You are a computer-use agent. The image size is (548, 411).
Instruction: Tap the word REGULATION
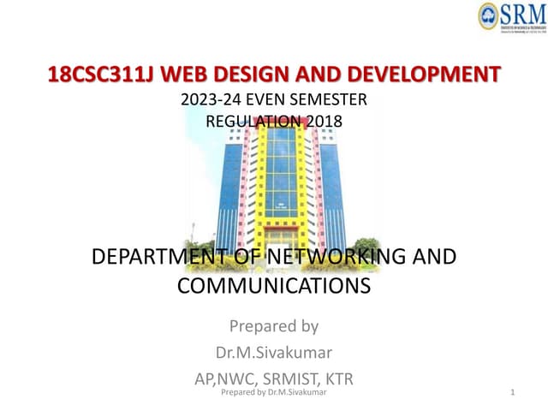click(253, 121)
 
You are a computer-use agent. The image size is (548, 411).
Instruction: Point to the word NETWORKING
click(335, 257)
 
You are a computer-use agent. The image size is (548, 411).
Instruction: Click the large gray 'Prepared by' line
click(274, 325)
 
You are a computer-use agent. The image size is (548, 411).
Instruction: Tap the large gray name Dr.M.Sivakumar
click(274, 352)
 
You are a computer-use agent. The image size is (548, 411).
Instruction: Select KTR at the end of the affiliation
click(339, 378)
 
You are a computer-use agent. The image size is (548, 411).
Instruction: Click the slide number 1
click(511, 392)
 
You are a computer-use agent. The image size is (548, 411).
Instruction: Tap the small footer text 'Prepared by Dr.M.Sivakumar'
click(273, 392)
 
